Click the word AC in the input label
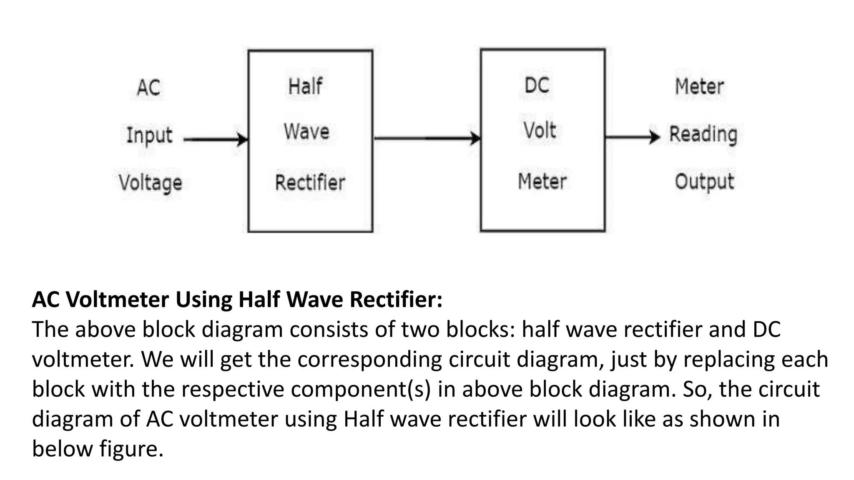148,88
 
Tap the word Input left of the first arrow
149,135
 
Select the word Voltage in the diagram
151,183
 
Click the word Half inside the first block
305,87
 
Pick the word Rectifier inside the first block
310,182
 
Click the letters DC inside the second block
537,85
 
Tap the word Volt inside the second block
540,130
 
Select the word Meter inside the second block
542,181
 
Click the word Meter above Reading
699,87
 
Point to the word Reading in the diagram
703,134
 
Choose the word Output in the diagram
704,182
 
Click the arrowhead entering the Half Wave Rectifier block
243,139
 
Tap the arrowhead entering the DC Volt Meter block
475,138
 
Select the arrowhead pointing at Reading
655,137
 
